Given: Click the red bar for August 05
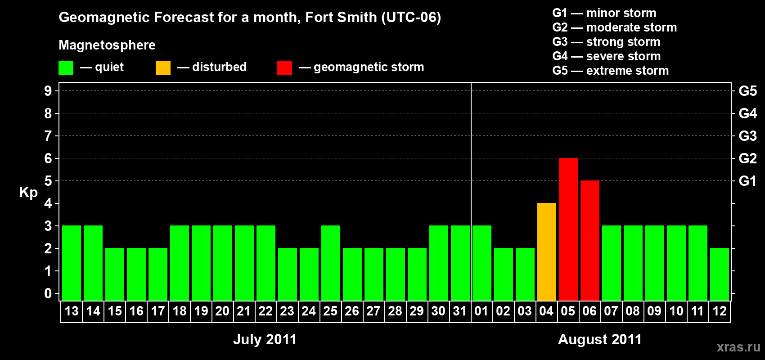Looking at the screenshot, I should (568, 229).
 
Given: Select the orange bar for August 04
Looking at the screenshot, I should (546, 252).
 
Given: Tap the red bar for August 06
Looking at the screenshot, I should (589, 241).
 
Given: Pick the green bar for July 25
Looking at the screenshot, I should (330, 263).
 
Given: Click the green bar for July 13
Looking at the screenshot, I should (72, 263).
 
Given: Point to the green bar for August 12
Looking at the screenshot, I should (719, 274).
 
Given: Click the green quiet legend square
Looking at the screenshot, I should (66, 68).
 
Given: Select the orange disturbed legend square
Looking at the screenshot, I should (163, 68).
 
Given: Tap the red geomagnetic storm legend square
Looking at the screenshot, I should (284, 68).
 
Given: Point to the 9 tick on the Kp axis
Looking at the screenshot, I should (48, 91).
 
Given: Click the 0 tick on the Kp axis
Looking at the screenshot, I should (48, 294).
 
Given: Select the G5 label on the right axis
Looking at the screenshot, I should (747, 91).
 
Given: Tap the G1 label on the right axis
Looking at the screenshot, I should (747, 181).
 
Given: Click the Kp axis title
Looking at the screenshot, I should (28, 193).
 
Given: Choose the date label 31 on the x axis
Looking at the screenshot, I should (459, 311).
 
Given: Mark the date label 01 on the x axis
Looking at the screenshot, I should (481, 311).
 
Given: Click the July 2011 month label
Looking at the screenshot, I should (265, 339).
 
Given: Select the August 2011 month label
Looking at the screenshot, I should (599, 339).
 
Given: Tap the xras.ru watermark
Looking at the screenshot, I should (738, 347).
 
